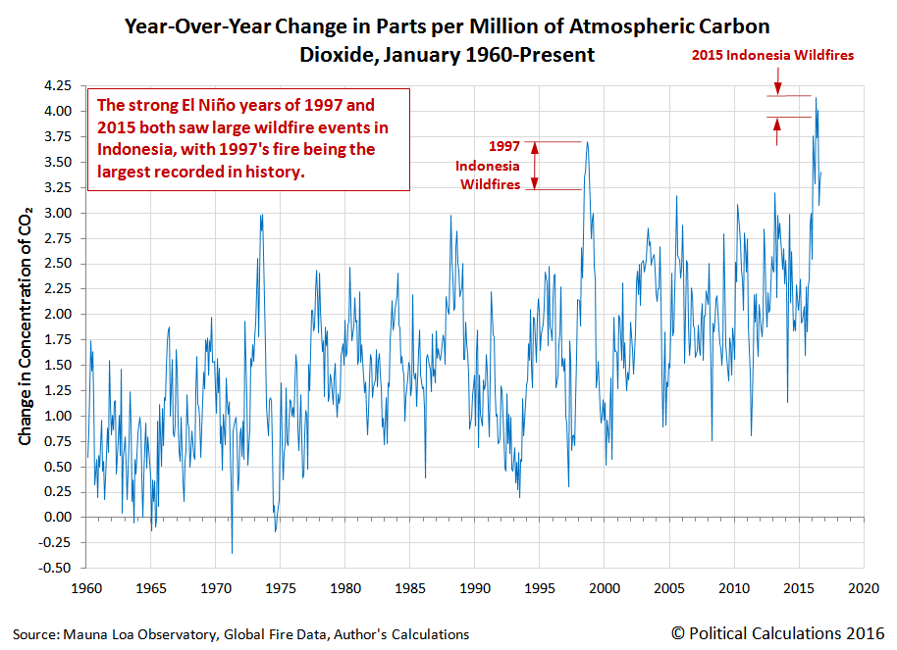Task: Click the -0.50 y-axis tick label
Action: click(x=58, y=568)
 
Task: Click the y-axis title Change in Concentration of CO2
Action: click(x=26, y=325)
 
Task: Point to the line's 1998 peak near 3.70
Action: click(x=587, y=142)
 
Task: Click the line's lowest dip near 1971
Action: click(x=233, y=553)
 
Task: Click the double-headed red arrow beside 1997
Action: click(x=535, y=166)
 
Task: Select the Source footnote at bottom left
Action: click(x=241, y=634)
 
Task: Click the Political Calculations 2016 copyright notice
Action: click(x=780, y=633)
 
